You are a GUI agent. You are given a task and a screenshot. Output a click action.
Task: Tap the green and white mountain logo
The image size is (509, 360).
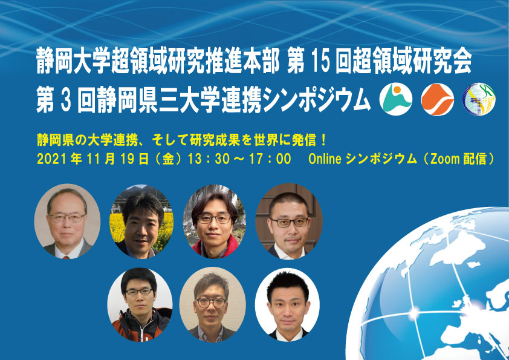[396, 99]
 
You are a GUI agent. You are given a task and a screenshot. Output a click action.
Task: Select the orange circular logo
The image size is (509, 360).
[437, 99]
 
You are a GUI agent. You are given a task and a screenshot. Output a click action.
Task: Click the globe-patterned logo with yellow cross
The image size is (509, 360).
[479, 99]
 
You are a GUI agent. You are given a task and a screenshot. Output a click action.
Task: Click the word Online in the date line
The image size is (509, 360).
[325, 159]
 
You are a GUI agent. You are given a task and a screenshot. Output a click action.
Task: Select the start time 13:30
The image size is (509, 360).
[209, 159]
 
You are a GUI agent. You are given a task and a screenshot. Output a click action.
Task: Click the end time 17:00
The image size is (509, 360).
[270, 159]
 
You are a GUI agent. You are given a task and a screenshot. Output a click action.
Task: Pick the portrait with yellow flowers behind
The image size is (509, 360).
[141, 221]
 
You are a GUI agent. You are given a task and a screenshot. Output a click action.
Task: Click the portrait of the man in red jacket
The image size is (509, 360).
[215, 221]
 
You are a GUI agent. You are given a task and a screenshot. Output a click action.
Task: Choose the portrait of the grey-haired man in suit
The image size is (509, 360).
[67, 221]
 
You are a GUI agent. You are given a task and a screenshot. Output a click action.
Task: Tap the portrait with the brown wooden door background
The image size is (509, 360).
[289, 221]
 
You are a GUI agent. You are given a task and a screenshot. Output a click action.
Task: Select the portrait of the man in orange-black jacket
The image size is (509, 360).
[140, 305]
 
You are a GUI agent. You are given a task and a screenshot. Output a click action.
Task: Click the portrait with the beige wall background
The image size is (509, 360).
[213, 305]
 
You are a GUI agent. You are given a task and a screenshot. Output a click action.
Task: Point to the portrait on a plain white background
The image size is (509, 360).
[287, 305]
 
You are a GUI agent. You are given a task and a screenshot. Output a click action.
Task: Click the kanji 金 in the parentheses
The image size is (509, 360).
[169, 159]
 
